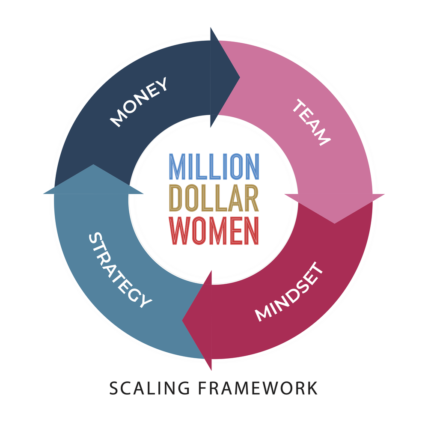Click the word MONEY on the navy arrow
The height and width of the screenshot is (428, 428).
tap(139, 102)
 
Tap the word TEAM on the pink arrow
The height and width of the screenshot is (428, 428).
tap(312, 123)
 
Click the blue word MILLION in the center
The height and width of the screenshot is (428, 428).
tap(214, 166)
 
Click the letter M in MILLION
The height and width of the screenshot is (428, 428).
tap(177, 166)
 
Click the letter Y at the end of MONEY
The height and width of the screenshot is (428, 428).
tap(162, 84)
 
